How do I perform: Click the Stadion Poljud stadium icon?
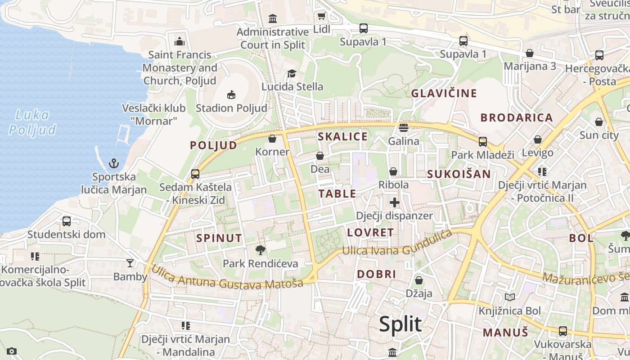(x=231, y=94)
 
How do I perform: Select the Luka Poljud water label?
(x=32, y=122)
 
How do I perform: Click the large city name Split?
(x=400, y=324)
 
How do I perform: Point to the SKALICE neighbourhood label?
(x=342, y=137)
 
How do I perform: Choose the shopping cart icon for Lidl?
(x=321, y=16)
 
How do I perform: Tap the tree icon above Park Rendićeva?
(x=260, y=250)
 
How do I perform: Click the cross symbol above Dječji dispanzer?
(x=395, y=202)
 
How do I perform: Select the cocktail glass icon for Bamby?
(x=130, y=263)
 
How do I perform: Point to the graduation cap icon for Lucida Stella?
(x=292, y=73)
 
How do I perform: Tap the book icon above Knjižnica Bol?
(x=509, y=297)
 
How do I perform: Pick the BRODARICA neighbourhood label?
(x=516, y=118)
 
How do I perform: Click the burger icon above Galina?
(x=403, y=128)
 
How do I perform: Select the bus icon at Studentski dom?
(x=67, y=221)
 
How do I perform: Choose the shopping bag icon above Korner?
(x=272, y=139)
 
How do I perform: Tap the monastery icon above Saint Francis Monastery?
(x=180, y=42)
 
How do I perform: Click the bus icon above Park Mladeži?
(x=482, y=142)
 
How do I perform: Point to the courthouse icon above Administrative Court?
(x=273, y=19)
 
